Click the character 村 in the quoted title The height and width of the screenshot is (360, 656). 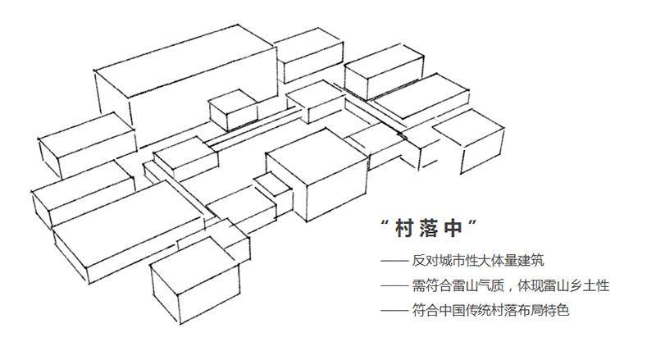tap(404, 229)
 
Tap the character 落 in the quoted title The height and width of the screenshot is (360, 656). tap(428, 229)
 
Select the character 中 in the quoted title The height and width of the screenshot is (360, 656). tap(453, 229)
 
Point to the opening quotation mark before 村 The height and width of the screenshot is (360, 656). tap(385, 222)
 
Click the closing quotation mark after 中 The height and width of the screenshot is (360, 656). tap(472, 222)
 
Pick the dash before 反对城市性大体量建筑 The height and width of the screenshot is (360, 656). tap(394, 262)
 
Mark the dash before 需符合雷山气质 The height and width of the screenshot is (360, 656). tap(394, 286)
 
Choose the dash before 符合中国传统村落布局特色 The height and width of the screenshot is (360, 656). tap(394, 311)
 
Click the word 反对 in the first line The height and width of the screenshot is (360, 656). tap(425, 261)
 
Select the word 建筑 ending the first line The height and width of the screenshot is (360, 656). tap(531, 261)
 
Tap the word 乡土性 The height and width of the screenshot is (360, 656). tap(590, 286)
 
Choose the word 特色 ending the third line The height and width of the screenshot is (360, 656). tap(558, 311)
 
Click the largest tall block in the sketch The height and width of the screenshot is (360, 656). tap(186, 84)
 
